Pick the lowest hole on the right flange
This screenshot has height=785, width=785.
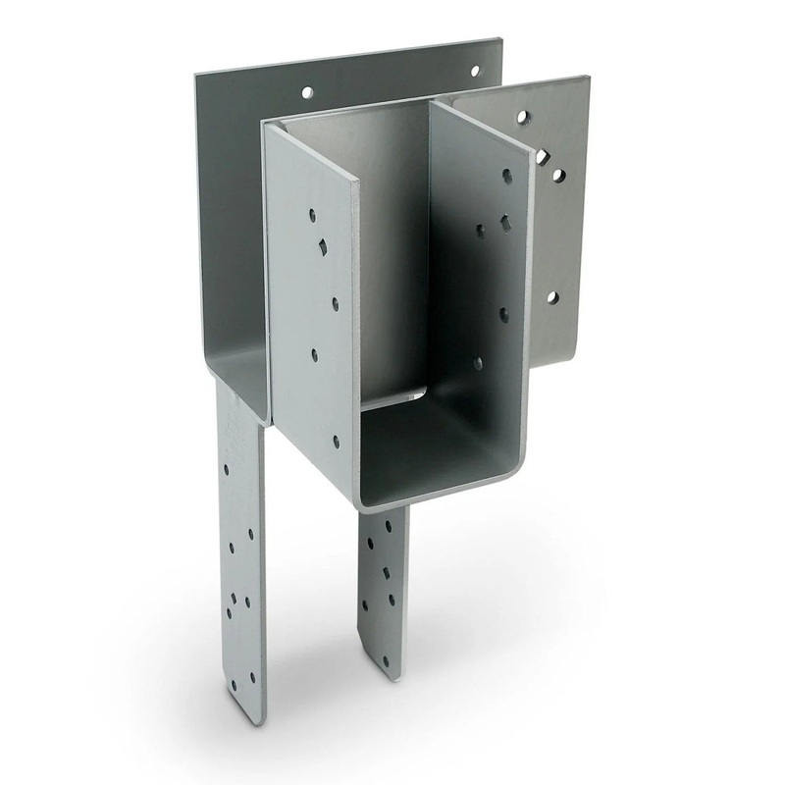[x=551, y=296]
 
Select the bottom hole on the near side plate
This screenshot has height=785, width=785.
[x=337, y=443]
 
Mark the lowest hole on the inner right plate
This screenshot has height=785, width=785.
[x=480, y=364]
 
